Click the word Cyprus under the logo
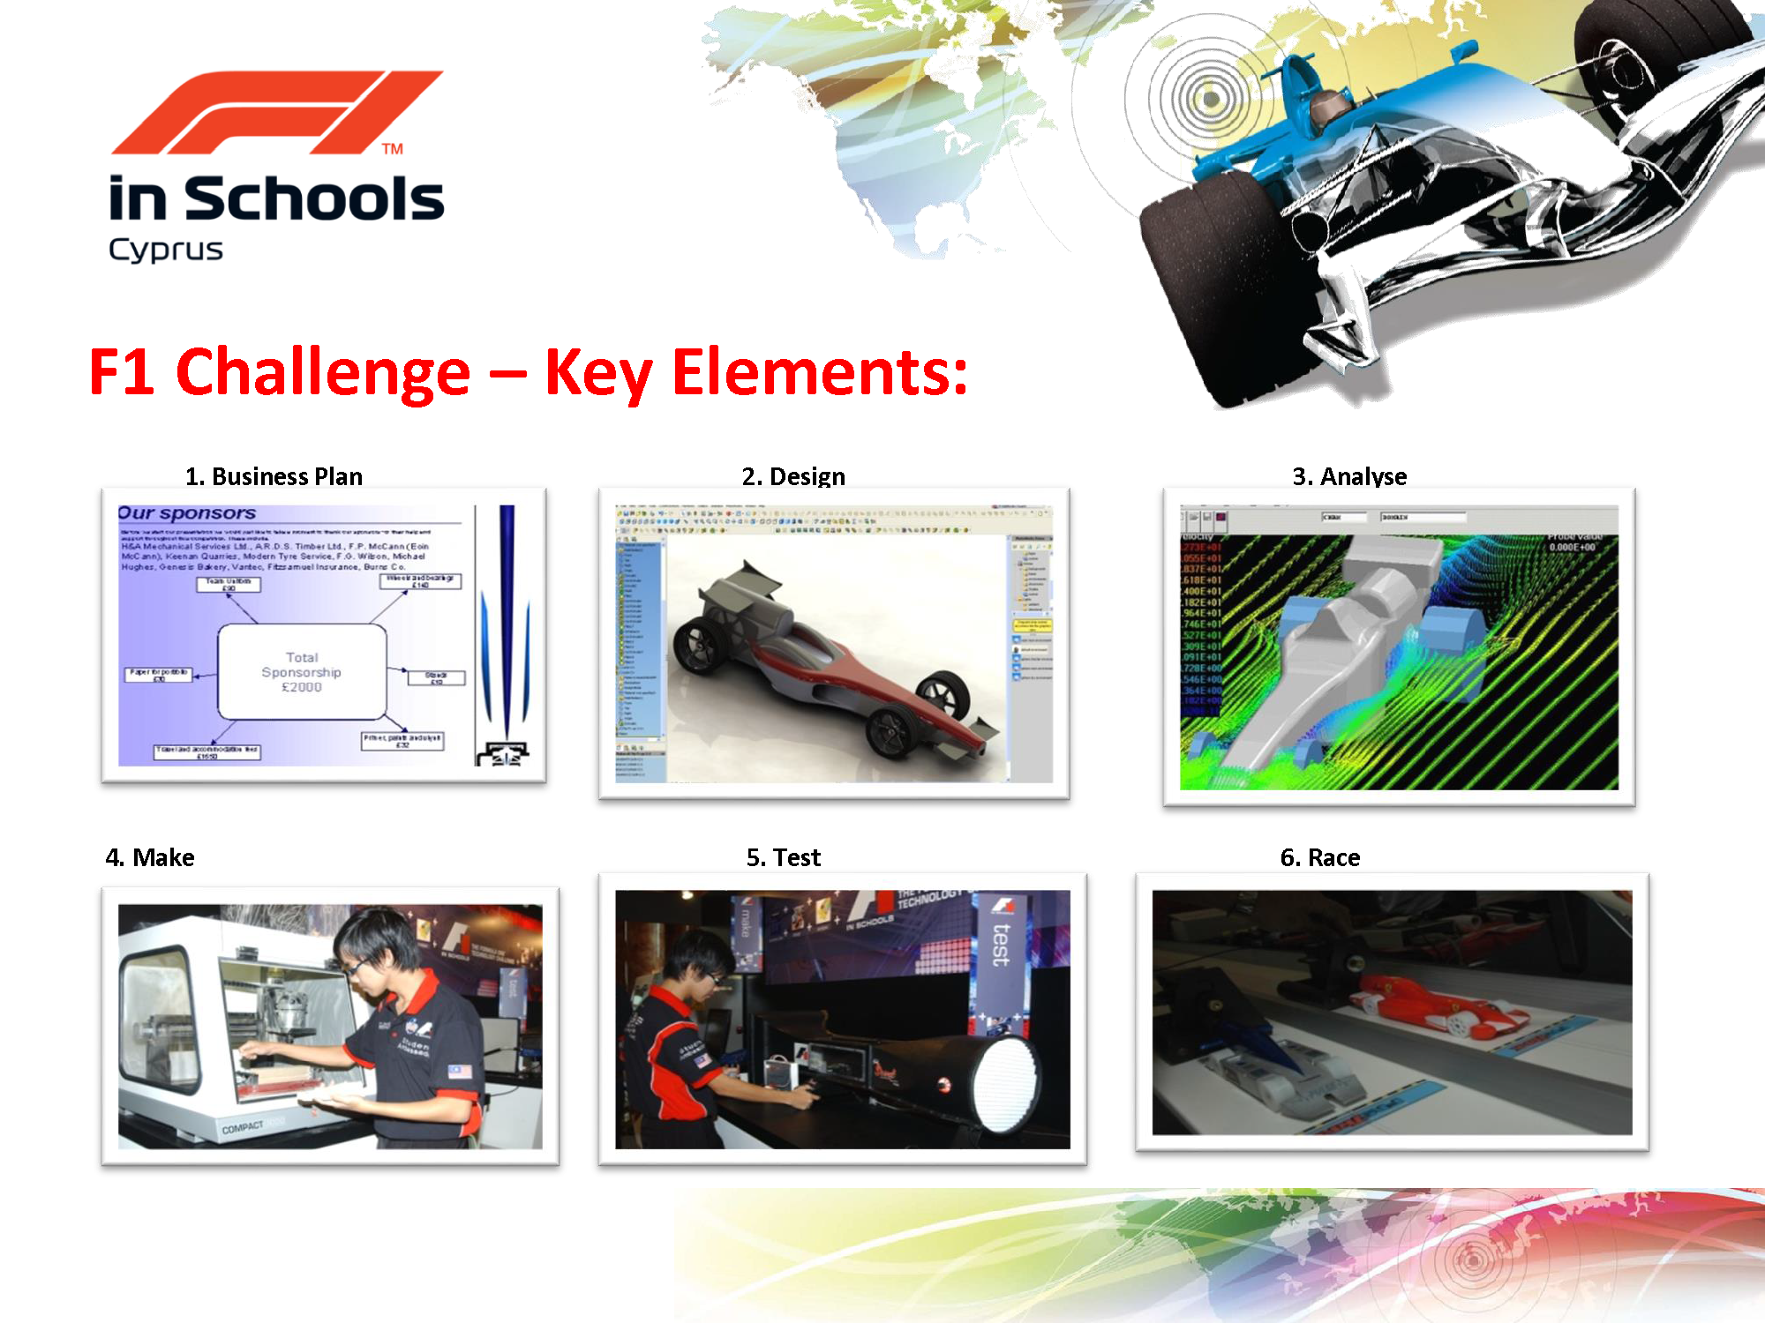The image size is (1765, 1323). click(x=165, y=250)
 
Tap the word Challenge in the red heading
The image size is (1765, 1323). click(x=323, y=372)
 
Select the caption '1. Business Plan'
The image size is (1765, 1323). click(x=274, y=476)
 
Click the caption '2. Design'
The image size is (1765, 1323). click(x=793, y=476)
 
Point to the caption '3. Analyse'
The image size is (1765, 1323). click(x=1349, y=476)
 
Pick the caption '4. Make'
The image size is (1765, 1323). click(x=150, y=857)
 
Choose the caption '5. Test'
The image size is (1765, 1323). click(x=784, y=857)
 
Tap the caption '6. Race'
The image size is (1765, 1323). click(x=1320, y=857)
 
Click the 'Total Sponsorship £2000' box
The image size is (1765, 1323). click(x=302, y=672)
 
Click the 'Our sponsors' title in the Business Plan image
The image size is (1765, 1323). click(x=187, y=513)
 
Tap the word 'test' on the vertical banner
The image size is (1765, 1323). click(x=1002, y=944)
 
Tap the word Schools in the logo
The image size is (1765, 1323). click(x=314, y=199)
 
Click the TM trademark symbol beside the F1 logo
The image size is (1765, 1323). click(x=393, y=149)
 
